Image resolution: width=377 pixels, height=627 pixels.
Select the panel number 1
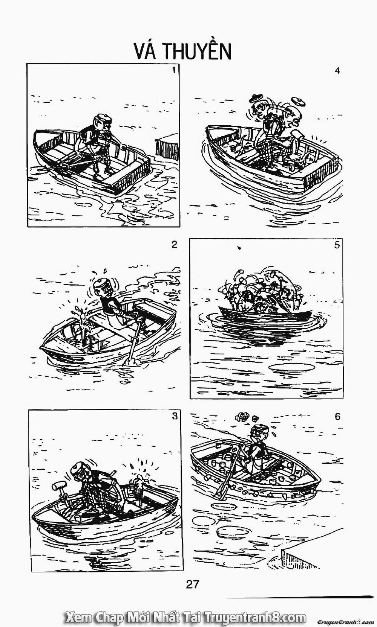coord(173,70)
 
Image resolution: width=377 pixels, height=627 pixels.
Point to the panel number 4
coord(337,71)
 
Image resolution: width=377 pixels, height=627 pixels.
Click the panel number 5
coord(337,245)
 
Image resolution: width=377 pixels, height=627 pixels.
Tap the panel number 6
coord(337,416)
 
